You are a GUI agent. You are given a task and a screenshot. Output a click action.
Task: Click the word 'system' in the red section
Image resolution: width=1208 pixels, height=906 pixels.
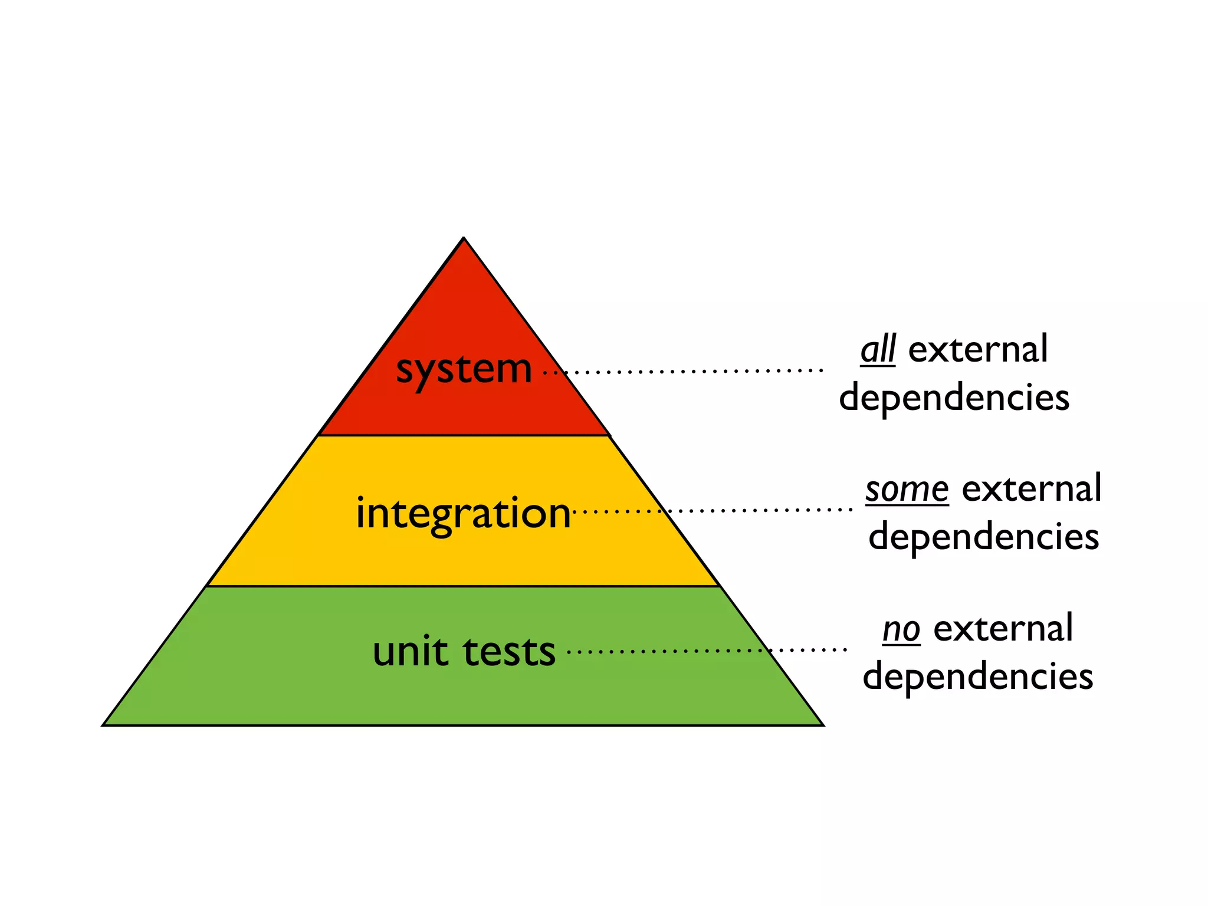464,370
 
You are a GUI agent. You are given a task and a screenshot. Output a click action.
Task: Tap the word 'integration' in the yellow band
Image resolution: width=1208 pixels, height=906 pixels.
463,513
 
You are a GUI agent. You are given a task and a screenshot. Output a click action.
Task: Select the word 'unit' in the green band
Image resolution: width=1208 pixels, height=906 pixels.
410,652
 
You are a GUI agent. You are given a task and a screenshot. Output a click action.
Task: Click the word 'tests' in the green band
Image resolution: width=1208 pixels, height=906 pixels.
509,652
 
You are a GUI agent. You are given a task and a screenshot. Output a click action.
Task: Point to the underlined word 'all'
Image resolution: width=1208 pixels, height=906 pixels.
878,349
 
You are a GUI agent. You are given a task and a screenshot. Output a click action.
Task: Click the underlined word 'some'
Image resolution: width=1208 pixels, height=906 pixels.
907,489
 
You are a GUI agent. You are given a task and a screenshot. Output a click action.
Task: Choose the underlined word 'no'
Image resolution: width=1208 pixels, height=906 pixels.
901,629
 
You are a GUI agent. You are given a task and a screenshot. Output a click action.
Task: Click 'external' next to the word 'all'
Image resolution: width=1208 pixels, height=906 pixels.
978,349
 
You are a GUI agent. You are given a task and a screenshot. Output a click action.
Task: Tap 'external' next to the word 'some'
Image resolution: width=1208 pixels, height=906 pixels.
1031,489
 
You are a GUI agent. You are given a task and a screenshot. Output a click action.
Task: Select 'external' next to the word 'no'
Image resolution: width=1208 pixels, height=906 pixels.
1003,629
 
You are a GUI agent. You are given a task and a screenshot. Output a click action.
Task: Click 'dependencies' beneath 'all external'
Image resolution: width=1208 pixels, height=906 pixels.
954,398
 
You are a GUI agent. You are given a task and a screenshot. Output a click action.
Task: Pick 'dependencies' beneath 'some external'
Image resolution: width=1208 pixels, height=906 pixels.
983,537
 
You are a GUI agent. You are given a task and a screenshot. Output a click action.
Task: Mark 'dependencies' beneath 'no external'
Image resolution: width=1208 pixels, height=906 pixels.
977,677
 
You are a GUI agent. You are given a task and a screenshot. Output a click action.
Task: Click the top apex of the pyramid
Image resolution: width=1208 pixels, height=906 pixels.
464,238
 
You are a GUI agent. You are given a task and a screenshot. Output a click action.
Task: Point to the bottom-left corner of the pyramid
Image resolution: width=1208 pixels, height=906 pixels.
104,724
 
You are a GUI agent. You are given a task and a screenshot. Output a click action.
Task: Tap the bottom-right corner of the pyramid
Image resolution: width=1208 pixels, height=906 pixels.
822,724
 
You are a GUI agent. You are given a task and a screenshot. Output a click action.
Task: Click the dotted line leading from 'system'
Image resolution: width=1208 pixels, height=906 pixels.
684,372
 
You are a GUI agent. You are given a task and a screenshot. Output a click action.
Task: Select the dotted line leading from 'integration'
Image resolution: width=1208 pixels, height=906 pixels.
714,510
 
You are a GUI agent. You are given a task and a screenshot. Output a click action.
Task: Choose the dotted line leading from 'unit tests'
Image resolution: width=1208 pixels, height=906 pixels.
708,651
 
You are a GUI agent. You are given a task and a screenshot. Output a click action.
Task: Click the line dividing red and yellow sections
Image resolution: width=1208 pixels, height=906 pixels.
464,435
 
